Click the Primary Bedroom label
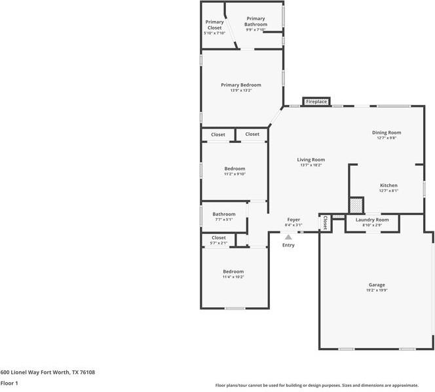[240, 85]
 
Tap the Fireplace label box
[316, 102]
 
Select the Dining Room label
[386, 132]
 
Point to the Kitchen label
[388, 186]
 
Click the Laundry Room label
[372, 220]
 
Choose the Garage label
[376, 285]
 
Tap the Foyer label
[293, 220]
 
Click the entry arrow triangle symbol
[288, 237]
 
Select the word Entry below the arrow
[288, 245]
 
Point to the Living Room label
[311, 159]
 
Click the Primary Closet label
[214, 24]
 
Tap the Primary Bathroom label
[255, 22]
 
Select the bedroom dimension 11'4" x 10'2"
[233, 277]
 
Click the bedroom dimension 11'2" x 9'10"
[234, 174]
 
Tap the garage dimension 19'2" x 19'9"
[376, 291]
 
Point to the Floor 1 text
[9, 383]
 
